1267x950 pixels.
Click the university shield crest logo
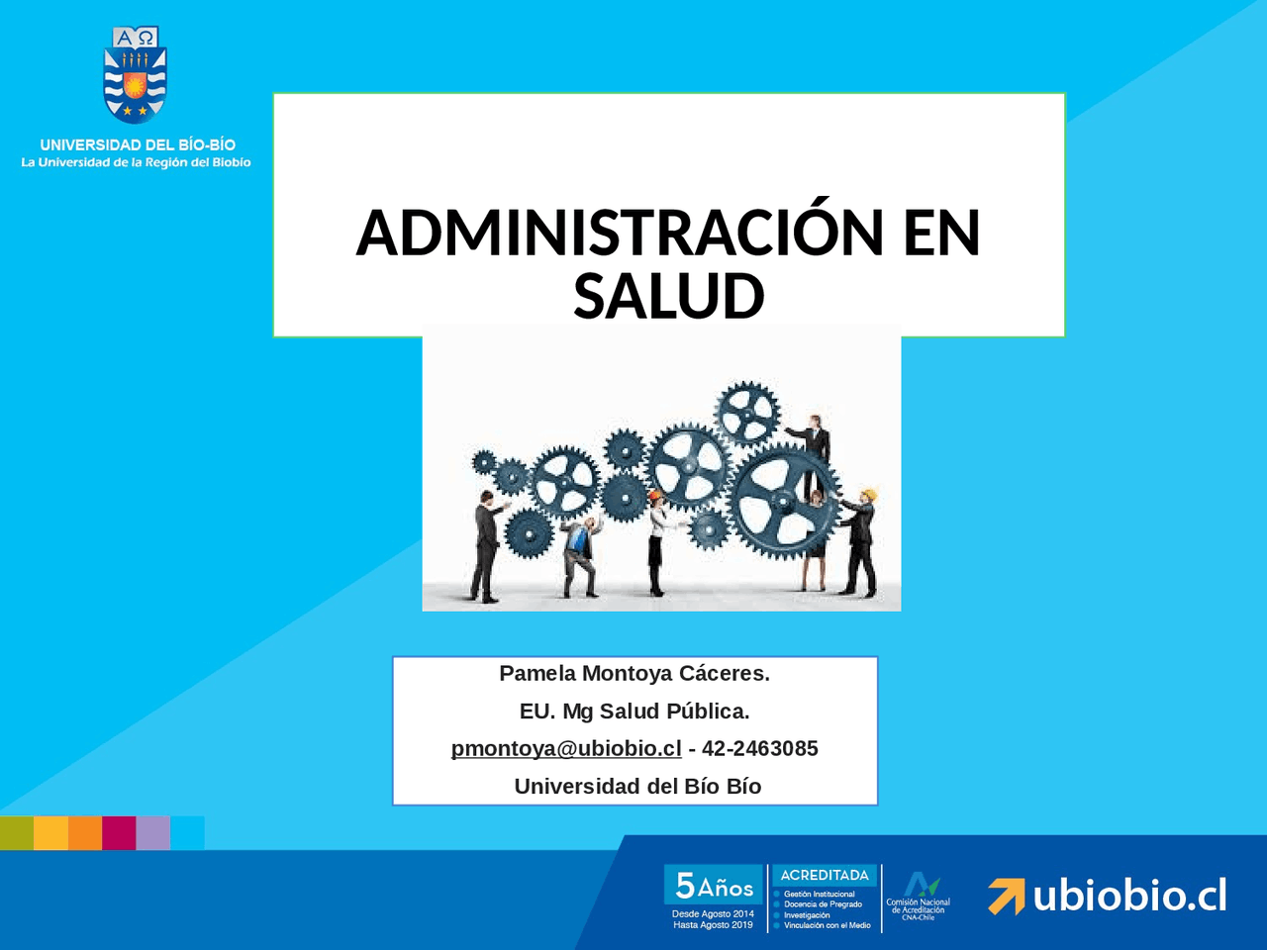click(x=136, y=75)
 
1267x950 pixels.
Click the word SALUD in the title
click(x=669, y=296)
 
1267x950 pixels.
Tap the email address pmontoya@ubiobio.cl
click(x=566, y=749)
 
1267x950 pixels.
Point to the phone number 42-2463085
click(x=760, y=749)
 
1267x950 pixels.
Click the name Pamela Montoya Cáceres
click(x=634, y=674)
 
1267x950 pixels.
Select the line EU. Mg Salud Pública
click(x=634, y=712)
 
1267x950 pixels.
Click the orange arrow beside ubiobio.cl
click(x=1006, y=896)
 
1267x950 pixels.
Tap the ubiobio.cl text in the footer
click(x=1129, y=896)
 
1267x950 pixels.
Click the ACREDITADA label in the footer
click(x=825, y=875)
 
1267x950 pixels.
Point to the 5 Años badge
click(x=715, y=885)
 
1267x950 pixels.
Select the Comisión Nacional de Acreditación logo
click(x=919, y=896)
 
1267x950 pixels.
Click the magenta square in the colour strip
click(x=119, y=833)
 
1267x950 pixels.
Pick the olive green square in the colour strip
click(x=17, y=833)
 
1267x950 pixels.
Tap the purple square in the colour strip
click(x=152, y=833)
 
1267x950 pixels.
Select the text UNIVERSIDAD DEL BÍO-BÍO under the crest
click(x=138, y=144)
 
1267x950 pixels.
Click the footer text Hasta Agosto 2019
click(x=713, y=925)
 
